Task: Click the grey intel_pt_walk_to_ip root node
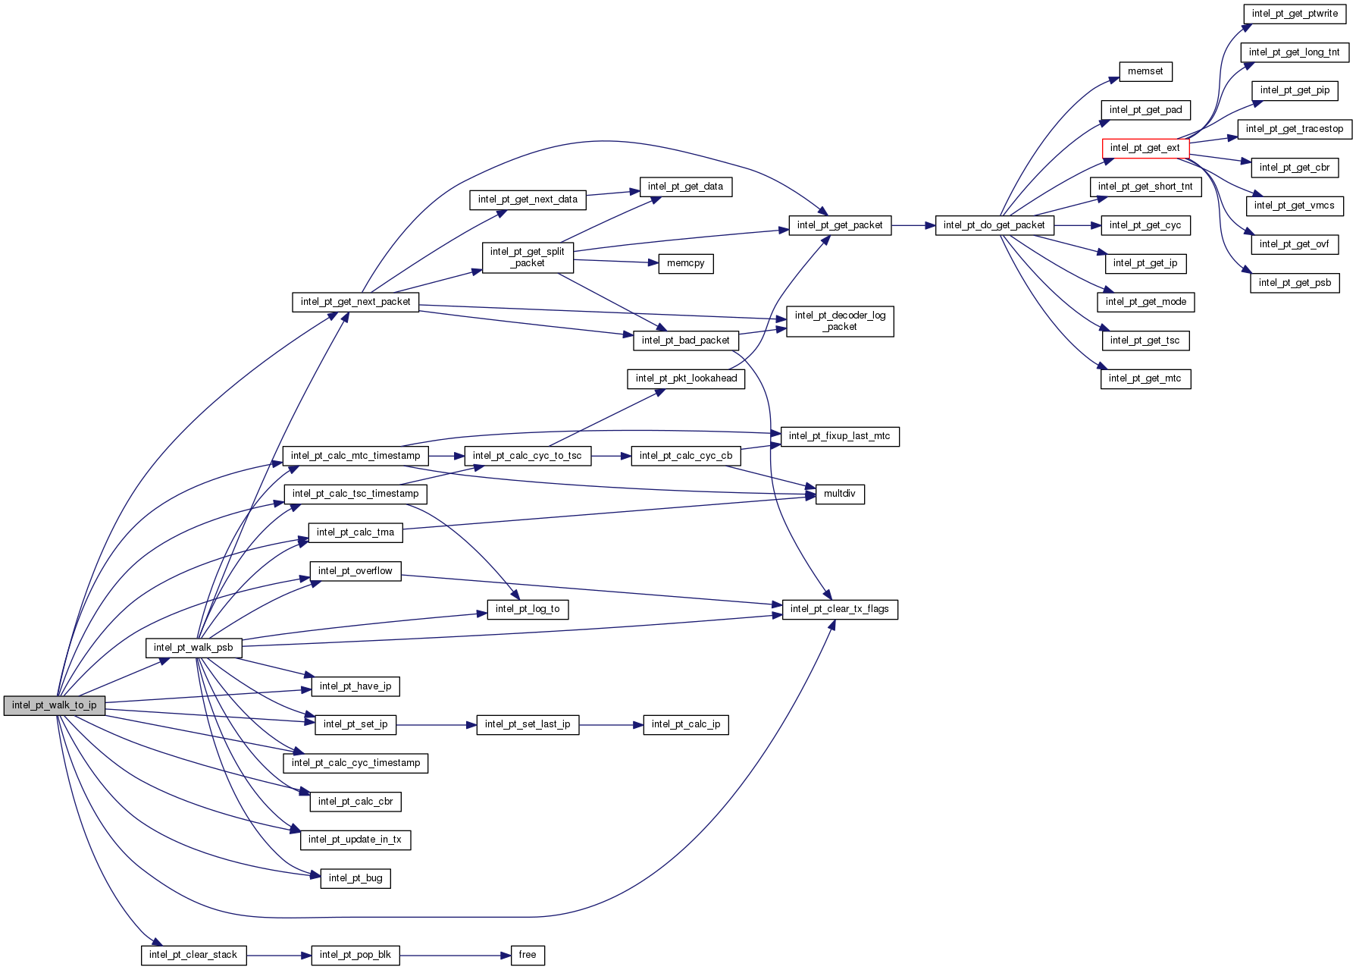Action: pyautogui.click(x=55, y=705)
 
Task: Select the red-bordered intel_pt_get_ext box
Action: pyautogui.click(x=1145, y=148)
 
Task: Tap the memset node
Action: pyautogui.click(x=1145, y=71)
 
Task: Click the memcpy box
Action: pyautogui.click(x=685, y=263)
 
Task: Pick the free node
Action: pyautogui.click(x=528, y=955)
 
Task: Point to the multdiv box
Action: pyautogui.click(x=839, y=494)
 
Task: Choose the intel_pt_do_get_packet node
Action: pyautogui.click(x=994, y=225)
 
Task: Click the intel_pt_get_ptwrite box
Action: pyautogui.click(x=1295, y=14)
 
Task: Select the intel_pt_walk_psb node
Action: pyautogui.click(x=193, y=648)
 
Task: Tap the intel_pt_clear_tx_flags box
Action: pyautogui.click(x=839, y=609)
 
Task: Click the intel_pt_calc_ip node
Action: pyautogui.click(x=685, y=724)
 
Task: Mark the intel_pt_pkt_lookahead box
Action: pyautogui.click(x=686, y=378)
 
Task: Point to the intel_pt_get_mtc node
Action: pyautogui.click(x=1145, y=378)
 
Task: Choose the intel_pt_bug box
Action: pyautogui.click(x=355, y=878)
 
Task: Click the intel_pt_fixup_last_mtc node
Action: pyautogui.click(x=839, y=436)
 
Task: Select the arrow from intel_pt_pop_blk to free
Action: pyautogui.click(x=455, y=955)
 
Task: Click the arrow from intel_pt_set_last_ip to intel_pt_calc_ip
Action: pyautogui.click(x=611, y=725)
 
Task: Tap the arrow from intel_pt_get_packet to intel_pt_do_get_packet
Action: pyautogui.click(x=913, y=225)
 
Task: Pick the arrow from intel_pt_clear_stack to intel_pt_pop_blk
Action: pyautogui.click(x=279, y=955)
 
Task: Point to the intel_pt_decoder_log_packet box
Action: pyautogui.click(x=840, y=321)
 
